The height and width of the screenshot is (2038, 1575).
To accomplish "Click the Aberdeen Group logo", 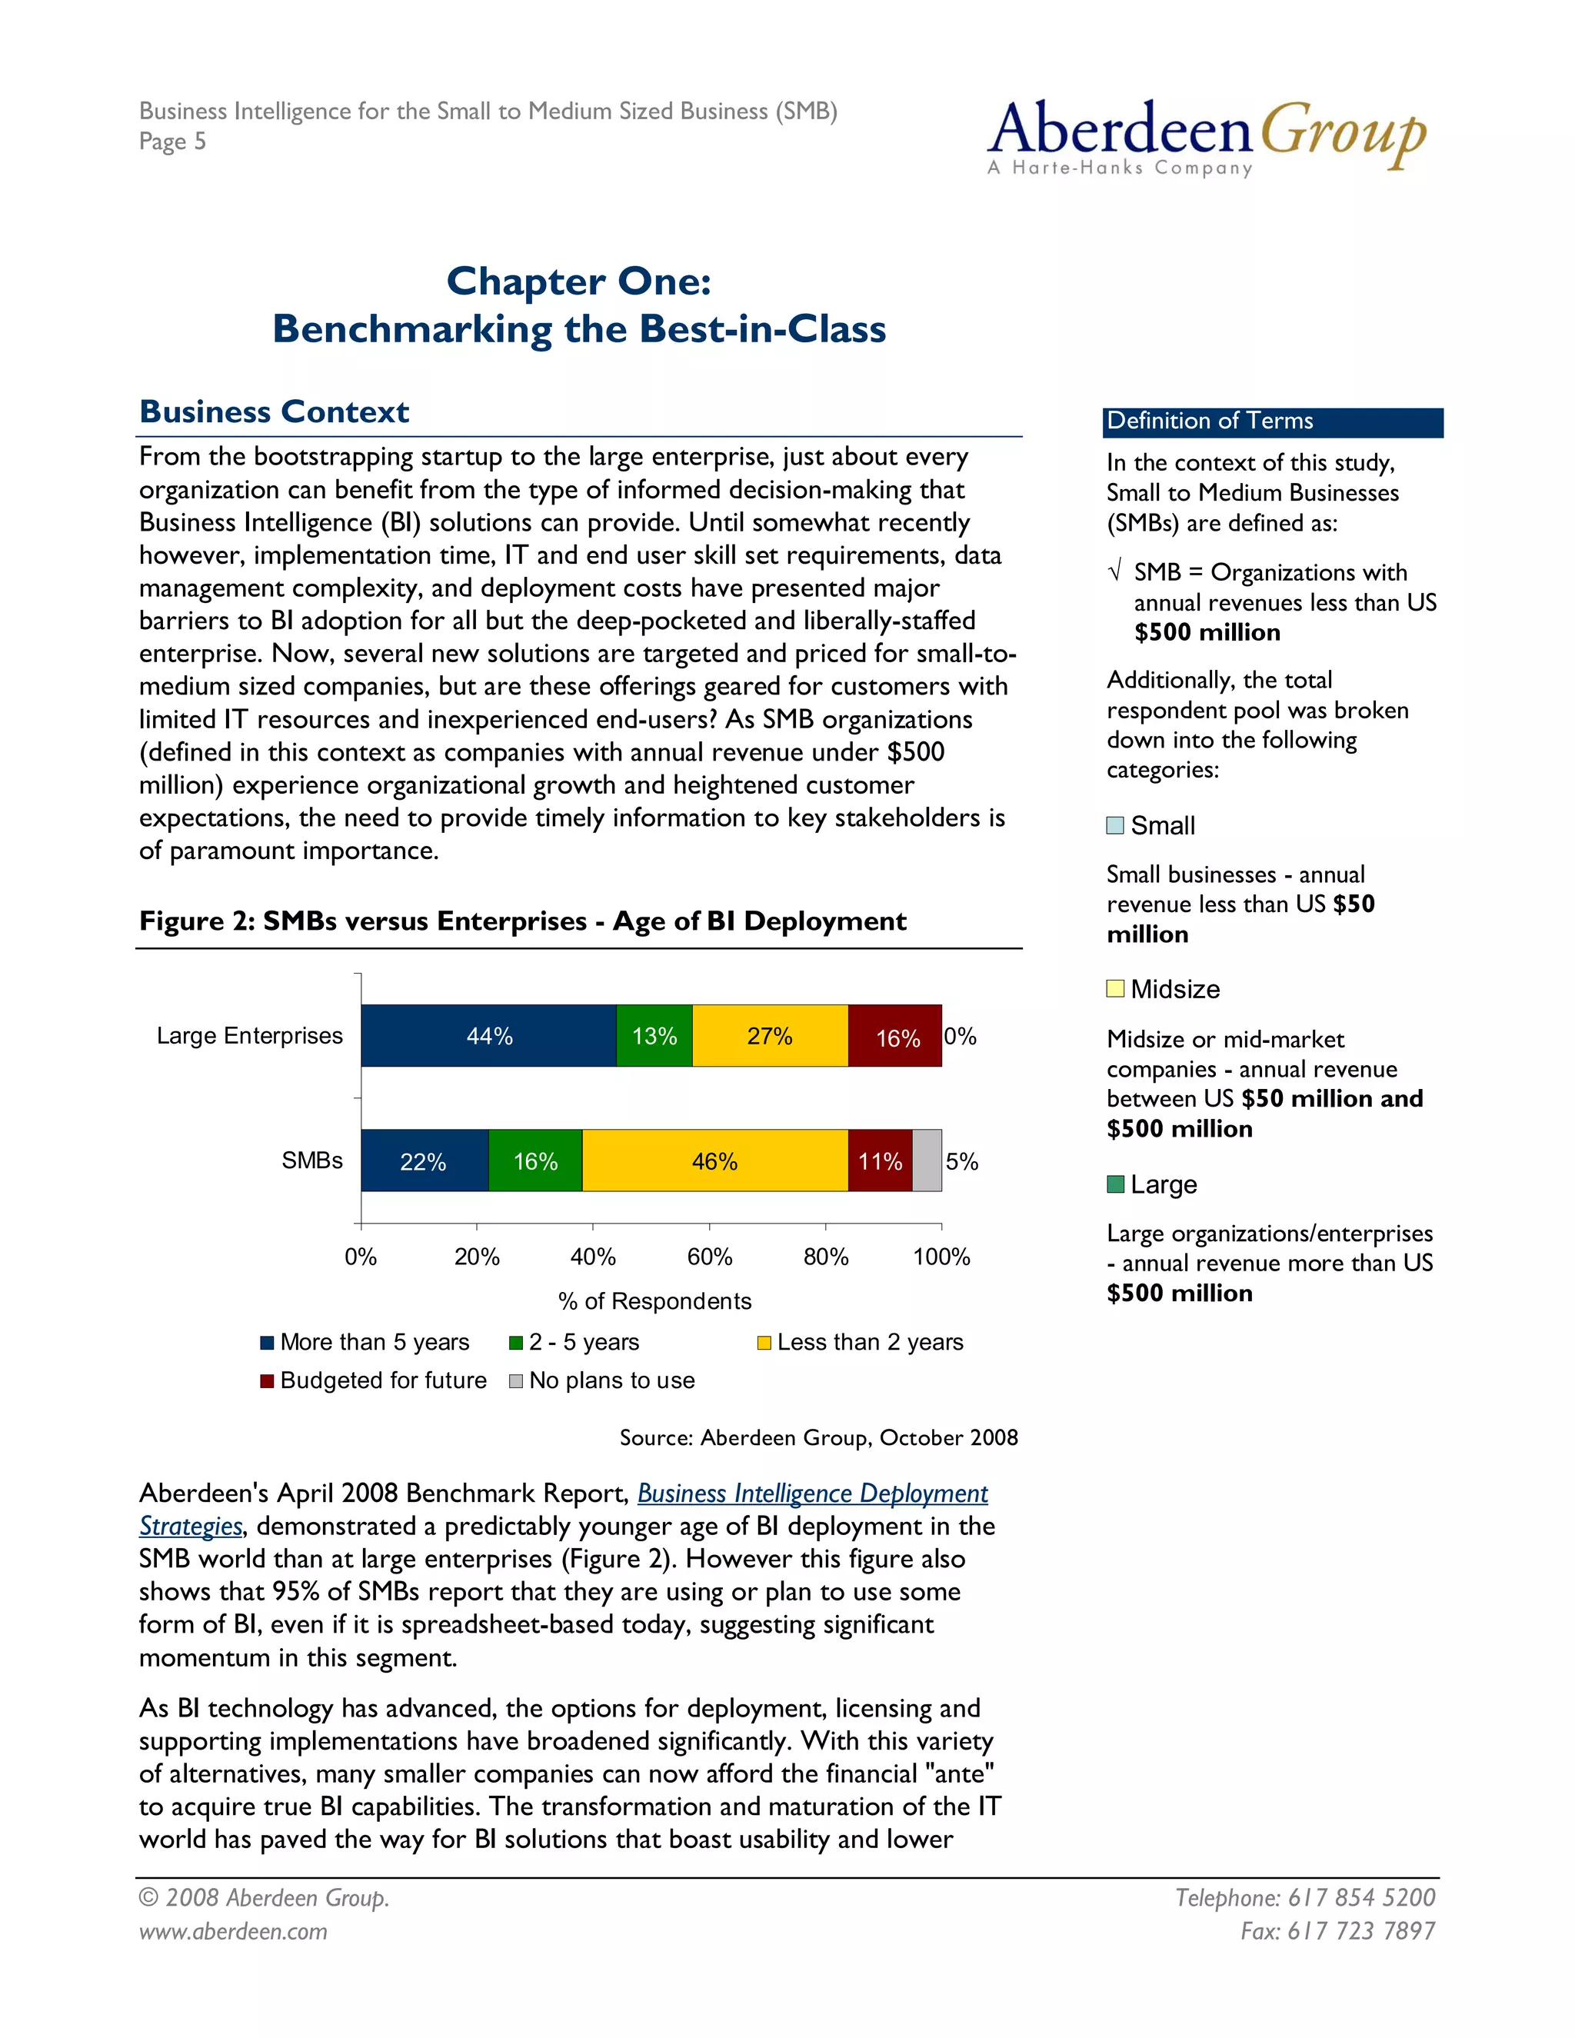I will tap(1206, 136).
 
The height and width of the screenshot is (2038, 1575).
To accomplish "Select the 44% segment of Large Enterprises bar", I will tap(489, 1036).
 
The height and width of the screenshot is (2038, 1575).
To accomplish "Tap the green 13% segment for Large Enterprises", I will tap(654, 1036).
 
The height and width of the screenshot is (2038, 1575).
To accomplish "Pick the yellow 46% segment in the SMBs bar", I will tap(714, 1161).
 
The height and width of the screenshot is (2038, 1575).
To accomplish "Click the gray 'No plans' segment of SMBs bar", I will tap(927, 1161).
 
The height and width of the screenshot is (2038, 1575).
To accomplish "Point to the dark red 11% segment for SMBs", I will tap(880, 1161).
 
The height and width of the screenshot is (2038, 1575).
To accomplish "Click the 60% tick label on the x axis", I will tap(709, 1257).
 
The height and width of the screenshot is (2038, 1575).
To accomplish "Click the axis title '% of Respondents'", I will tap(654, 1300).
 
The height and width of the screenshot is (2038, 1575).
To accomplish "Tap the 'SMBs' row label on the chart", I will tap(311, 1160).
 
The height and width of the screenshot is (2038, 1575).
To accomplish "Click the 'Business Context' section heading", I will tap(275, 411).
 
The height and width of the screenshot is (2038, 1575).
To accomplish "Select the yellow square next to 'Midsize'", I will tap(1115, 988).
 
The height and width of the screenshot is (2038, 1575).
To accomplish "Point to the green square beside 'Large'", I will tap(1115, 1184).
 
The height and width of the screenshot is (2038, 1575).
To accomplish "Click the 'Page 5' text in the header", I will tap(172, 142).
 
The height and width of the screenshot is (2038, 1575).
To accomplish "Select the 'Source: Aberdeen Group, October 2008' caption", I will tap(818, 1437).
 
